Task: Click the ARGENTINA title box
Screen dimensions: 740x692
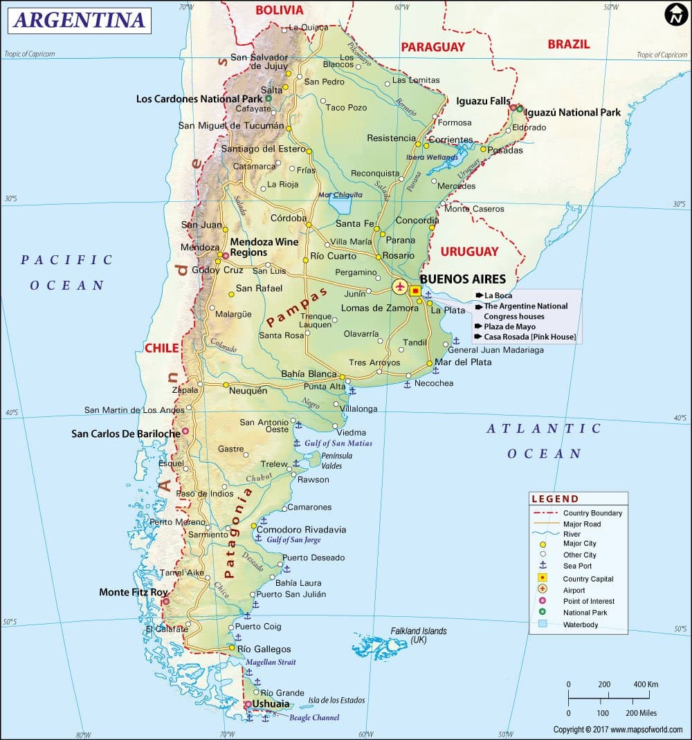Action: tap(79, 20)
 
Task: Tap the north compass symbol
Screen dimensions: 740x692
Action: tap(675, 15)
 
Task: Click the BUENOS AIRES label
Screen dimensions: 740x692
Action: tap(463, 279)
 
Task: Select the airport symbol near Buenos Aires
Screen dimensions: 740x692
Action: tap(400, 286)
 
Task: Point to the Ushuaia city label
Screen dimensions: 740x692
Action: tap(271, 704)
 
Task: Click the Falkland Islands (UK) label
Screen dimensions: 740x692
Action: tap(419, 636)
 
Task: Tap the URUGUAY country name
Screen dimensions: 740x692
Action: tap(469, 251)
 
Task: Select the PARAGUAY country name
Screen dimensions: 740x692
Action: tap(433, 47)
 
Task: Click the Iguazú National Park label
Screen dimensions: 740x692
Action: tap(572, 112)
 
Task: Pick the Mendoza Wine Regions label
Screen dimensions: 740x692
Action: tap(264, 247)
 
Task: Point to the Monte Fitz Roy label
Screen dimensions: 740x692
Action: tap(134, 592)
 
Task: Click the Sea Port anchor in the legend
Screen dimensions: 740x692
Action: tap(543, 566)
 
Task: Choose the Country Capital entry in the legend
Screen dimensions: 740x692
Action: tap(588, 579)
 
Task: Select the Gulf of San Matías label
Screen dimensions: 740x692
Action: tap(338, 443)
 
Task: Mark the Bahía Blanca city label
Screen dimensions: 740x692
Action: tap(309, 374)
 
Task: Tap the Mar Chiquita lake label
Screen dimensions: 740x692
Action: tap(340, 195)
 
